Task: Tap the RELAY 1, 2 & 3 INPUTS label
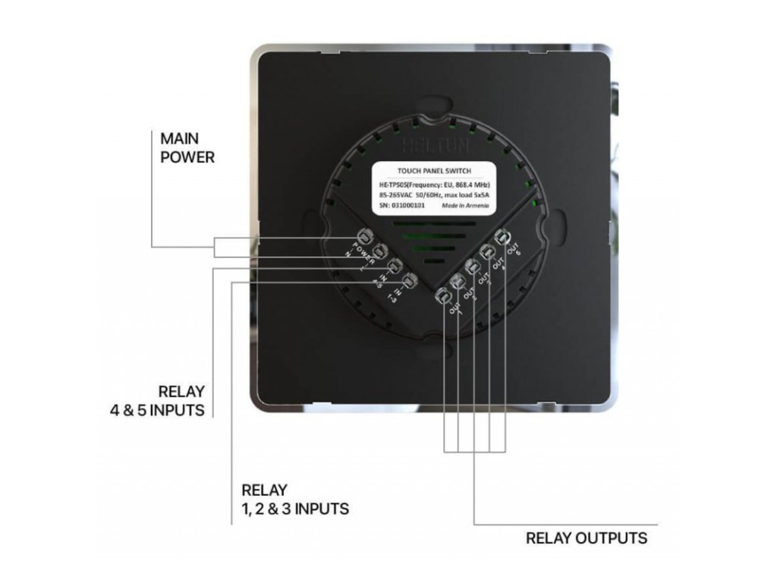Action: click(295, 499)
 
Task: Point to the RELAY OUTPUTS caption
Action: click(587, 538)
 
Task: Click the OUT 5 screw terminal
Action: click(501, 237)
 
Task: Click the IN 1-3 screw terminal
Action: click(410, 282)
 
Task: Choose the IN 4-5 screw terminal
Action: click(395, 266)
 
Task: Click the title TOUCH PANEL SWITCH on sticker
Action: click(433, 172)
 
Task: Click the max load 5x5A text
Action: click(470, 195)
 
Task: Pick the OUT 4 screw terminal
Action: click(486, 252)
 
